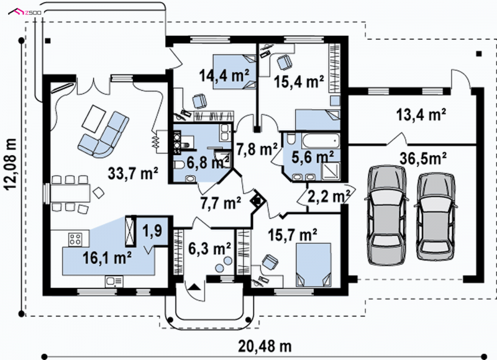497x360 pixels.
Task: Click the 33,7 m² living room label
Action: (x=133, y=173)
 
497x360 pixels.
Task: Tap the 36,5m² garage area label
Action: (x=423, y=158)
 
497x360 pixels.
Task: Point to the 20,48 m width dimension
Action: (x=265, y=346)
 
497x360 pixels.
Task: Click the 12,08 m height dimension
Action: (x=11, y=164)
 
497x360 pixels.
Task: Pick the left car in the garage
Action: (x=386, y=215)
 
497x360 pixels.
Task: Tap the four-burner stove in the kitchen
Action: (x=76, y=239)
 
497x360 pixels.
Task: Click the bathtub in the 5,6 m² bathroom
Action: (x=320, y=140)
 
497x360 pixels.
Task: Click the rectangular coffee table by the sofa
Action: (x=94, y=119)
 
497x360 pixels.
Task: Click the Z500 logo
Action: (x=27, y=12)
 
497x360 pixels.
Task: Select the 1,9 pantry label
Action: (x=152, y=231)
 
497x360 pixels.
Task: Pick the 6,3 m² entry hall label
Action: (x=209, y=248)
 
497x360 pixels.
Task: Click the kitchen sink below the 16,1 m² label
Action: (x=114, y=281)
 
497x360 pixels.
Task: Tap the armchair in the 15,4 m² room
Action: (x=285, y=62)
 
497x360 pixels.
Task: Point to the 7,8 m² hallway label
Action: (x=257, y=149)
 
